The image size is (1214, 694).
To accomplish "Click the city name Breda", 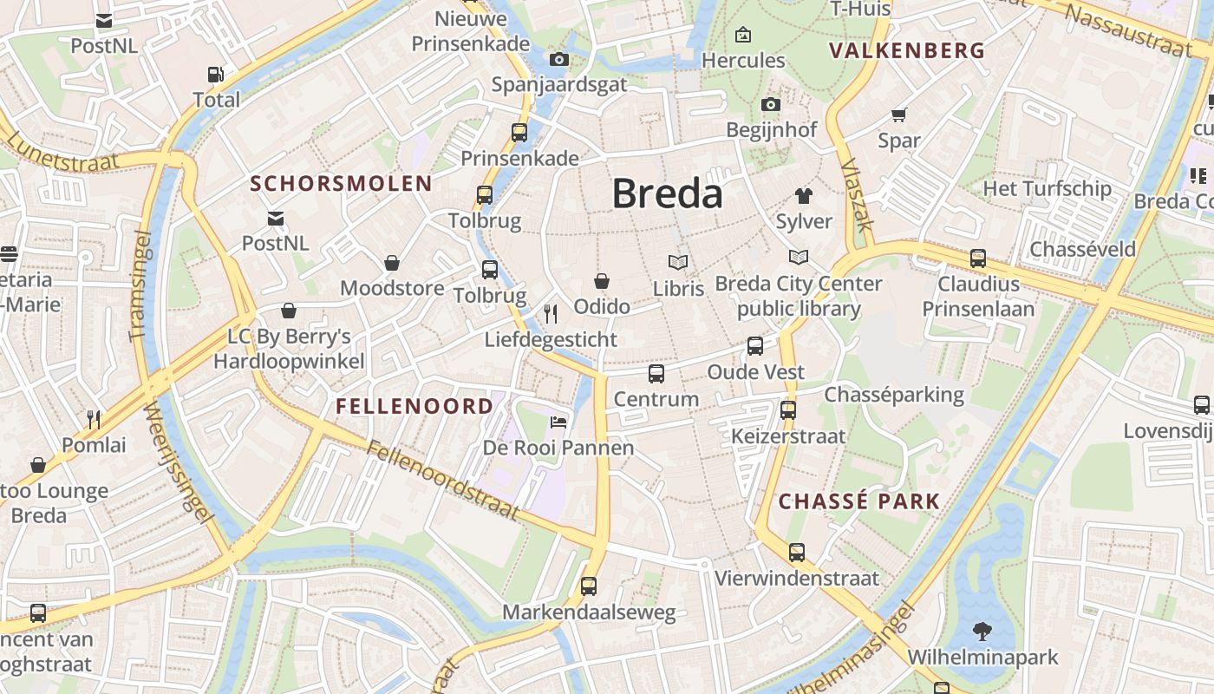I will (x=667, y=193).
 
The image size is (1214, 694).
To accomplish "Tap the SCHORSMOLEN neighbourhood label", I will (x=341, y=183).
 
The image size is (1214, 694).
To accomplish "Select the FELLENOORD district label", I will (x=414, y=406).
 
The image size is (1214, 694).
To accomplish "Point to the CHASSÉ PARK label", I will (x=858, y=501).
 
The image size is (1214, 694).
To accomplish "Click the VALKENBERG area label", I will (x=907, y=50).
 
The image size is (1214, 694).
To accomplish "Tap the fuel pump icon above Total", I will (x=216, y=75).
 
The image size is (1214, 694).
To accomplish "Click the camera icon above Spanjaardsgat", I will (x=559, y=60).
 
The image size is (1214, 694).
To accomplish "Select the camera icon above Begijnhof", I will (x=770, y=105).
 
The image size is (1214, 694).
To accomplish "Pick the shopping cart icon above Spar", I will (x=898, y=115).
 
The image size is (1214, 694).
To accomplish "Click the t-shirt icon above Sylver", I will (x=804, y=196).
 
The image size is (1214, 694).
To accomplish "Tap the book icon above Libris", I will (x=678, y=262).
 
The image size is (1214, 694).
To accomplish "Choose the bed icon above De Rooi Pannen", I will (x=559, y=422).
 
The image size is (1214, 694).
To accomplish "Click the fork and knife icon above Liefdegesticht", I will (x=551, y=313).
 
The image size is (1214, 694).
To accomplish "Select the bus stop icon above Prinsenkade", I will (x=519, y=133).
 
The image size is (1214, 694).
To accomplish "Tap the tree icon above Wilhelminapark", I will (x=982, y=631).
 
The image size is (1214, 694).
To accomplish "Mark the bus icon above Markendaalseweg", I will (x=589, y=586).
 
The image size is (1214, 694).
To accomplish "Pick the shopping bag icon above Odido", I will (x=601, y=281).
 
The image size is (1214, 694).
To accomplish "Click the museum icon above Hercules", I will (x=743, y=36).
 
